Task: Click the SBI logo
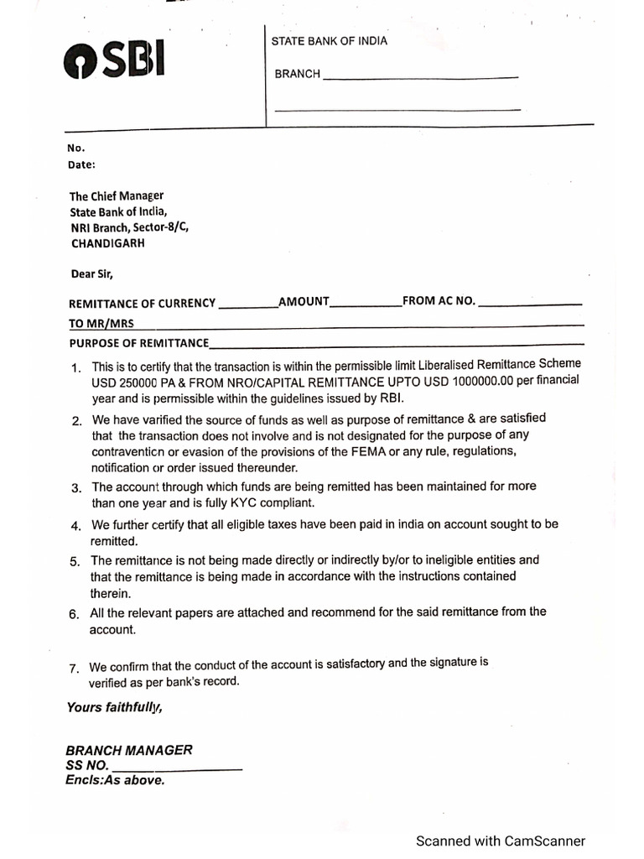click(113, 60)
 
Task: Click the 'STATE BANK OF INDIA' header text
click(329, 41)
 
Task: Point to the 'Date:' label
click(81, 164)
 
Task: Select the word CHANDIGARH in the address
click(107, 243)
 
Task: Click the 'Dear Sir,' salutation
click(91, 273)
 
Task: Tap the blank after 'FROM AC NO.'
click(531, 303)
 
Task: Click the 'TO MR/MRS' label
click(101, 324)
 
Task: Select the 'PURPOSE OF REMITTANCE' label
click(138, 343)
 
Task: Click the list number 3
click(75, 488)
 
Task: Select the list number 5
click(75, 561)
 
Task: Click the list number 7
click(75, 669)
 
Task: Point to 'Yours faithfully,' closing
click(115, 707)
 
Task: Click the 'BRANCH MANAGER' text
click(129, 750)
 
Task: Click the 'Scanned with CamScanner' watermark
click(501, 841)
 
